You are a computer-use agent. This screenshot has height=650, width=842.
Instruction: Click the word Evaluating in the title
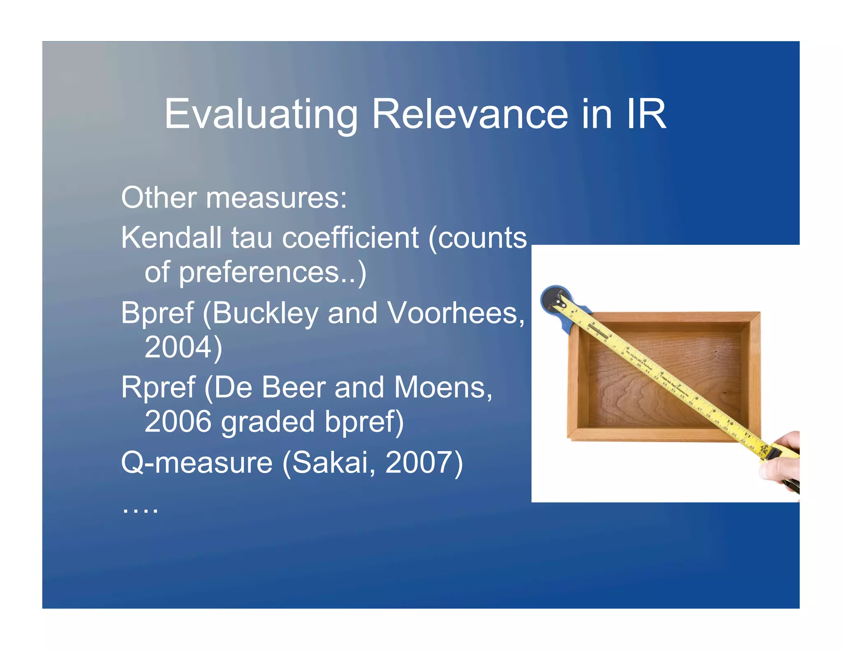coord(261,115)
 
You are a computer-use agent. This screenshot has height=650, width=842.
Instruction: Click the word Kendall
coord(171,238)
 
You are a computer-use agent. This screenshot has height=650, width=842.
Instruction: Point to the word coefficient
coord(350,238)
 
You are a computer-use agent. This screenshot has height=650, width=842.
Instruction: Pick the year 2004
coord(178,348)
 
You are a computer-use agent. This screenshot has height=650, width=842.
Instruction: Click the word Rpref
coord(158,388)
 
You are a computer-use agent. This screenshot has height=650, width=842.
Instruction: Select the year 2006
coord(178,422)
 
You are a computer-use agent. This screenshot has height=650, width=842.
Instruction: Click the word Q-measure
coord(197,463)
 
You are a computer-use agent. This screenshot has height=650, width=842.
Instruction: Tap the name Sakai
coord(331,463)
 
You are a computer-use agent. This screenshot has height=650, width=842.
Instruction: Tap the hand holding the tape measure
coord(783,460)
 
